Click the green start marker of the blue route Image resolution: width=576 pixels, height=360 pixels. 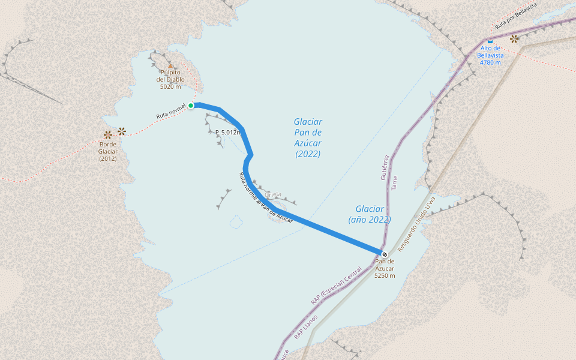pyautogui.click(x=191, y=106)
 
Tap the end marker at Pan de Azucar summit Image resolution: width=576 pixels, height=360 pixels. pyautogui.click(x=385, y=254)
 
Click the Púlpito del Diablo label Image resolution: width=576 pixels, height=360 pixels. pyautogui.click(x=170, y=79)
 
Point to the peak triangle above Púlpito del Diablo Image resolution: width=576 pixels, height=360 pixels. pyautogui.click(x=170, y=66)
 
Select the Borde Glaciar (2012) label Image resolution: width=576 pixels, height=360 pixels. pyautogui.click(x=108, y=151)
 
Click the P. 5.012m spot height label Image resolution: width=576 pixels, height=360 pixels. pyautogui.click(x=228, y=132)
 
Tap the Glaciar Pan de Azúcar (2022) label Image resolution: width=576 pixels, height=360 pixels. pyautogui.click(x=308, y=138)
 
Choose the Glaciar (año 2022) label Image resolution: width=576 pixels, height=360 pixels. pyautogui.click(x=370, y=214)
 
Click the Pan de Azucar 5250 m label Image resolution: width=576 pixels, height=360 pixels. pyautogui.click(x=385, y=268)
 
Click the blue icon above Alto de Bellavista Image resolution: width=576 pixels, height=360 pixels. pyautogui.click(x=490, y=41)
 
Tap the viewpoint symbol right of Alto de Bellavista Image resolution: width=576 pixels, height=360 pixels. pyautogui.click(x=514, y=39)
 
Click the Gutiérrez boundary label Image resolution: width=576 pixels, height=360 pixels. pyautogui.click(x=385, y=167)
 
